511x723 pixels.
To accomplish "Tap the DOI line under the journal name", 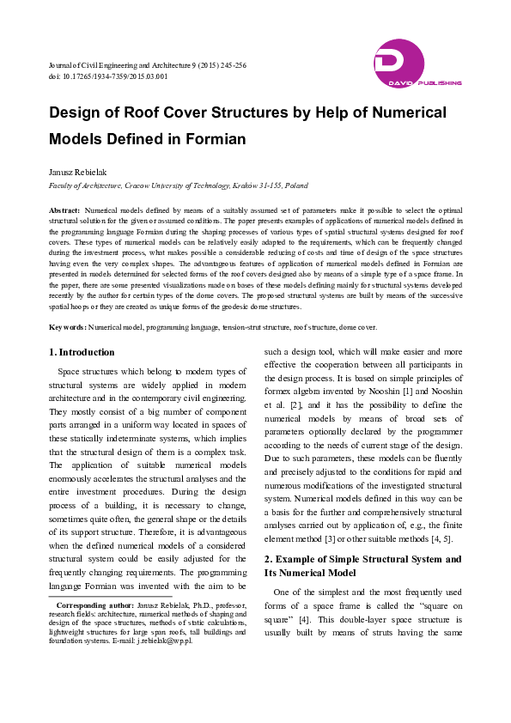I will (108, 76).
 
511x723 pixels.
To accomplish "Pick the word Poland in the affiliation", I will (296, 185).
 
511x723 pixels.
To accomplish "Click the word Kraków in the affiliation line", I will (248, 185).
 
